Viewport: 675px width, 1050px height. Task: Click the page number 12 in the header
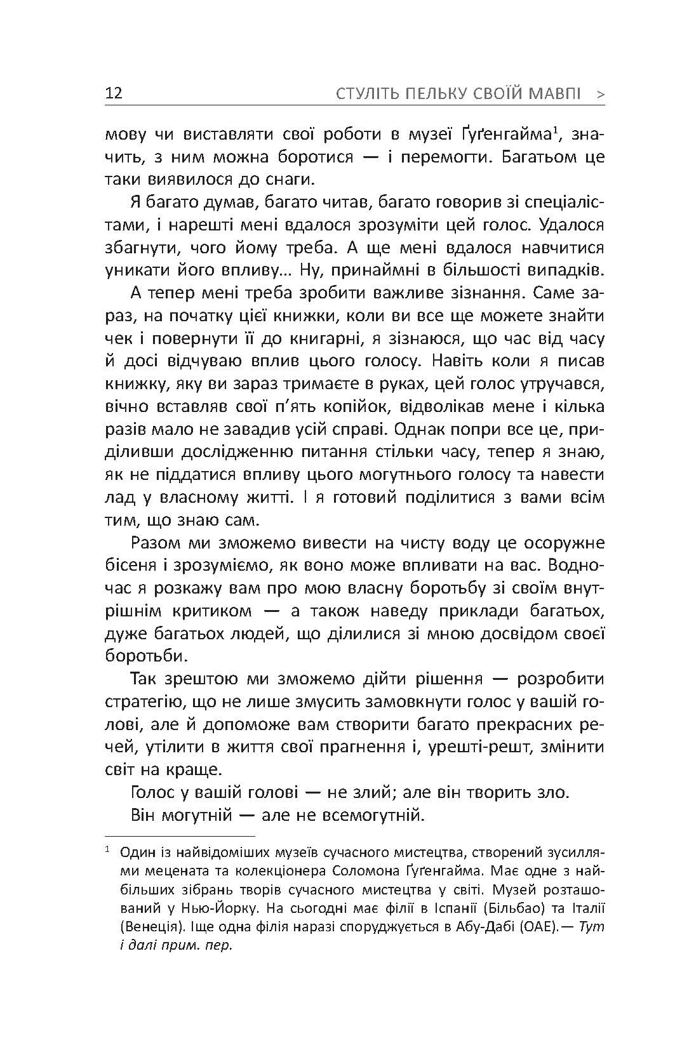click(x=114, y=94)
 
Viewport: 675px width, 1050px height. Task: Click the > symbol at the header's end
click(x=601, y=95)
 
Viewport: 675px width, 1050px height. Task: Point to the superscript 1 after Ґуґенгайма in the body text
click(x=554, y=131)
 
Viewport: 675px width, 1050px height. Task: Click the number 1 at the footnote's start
click(x=108, y=849)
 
